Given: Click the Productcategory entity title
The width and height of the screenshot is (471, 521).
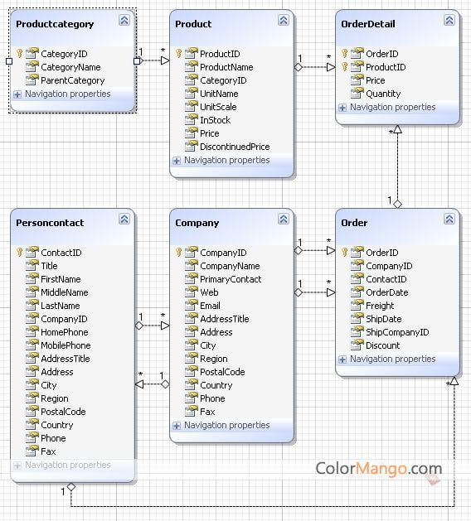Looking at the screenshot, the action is (55, 24).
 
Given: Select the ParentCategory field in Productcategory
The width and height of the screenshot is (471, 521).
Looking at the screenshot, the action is (72, 80).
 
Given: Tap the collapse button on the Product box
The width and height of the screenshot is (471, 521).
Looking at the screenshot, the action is (284, 20).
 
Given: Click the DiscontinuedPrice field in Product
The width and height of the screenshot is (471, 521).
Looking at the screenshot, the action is (235, 147).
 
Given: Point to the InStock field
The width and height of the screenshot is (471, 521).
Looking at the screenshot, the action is (215, 120).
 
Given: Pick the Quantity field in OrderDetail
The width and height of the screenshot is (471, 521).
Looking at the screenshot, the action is (383, 94).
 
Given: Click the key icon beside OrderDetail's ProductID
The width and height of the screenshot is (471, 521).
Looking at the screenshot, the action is (345, 66).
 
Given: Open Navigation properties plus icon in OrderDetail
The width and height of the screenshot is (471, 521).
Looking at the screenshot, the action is (342, 108).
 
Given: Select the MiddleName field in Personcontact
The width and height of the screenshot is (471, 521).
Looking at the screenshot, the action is (65, 292).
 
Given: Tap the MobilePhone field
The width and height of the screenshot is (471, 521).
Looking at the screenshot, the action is (66, 345).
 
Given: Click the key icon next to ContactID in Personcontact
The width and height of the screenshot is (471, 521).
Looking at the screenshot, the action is (20, 252).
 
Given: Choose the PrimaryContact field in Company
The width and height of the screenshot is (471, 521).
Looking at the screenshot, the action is (231, 279).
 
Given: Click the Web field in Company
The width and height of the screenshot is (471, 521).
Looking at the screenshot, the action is (209, 292).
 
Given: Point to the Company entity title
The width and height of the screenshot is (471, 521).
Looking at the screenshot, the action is (197, 223).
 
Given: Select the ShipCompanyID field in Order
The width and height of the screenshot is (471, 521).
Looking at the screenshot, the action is (397, 332).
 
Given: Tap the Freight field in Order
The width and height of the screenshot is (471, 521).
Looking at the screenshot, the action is (380, 306).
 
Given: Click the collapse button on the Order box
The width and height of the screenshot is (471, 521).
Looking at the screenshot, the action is (449, 219).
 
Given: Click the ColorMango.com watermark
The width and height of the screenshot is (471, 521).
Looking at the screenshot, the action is (378, 469).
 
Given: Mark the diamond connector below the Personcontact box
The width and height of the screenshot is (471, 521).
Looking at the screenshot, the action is (71, 487).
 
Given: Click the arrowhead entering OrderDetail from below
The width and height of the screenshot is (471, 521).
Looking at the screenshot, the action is (397, 129).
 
